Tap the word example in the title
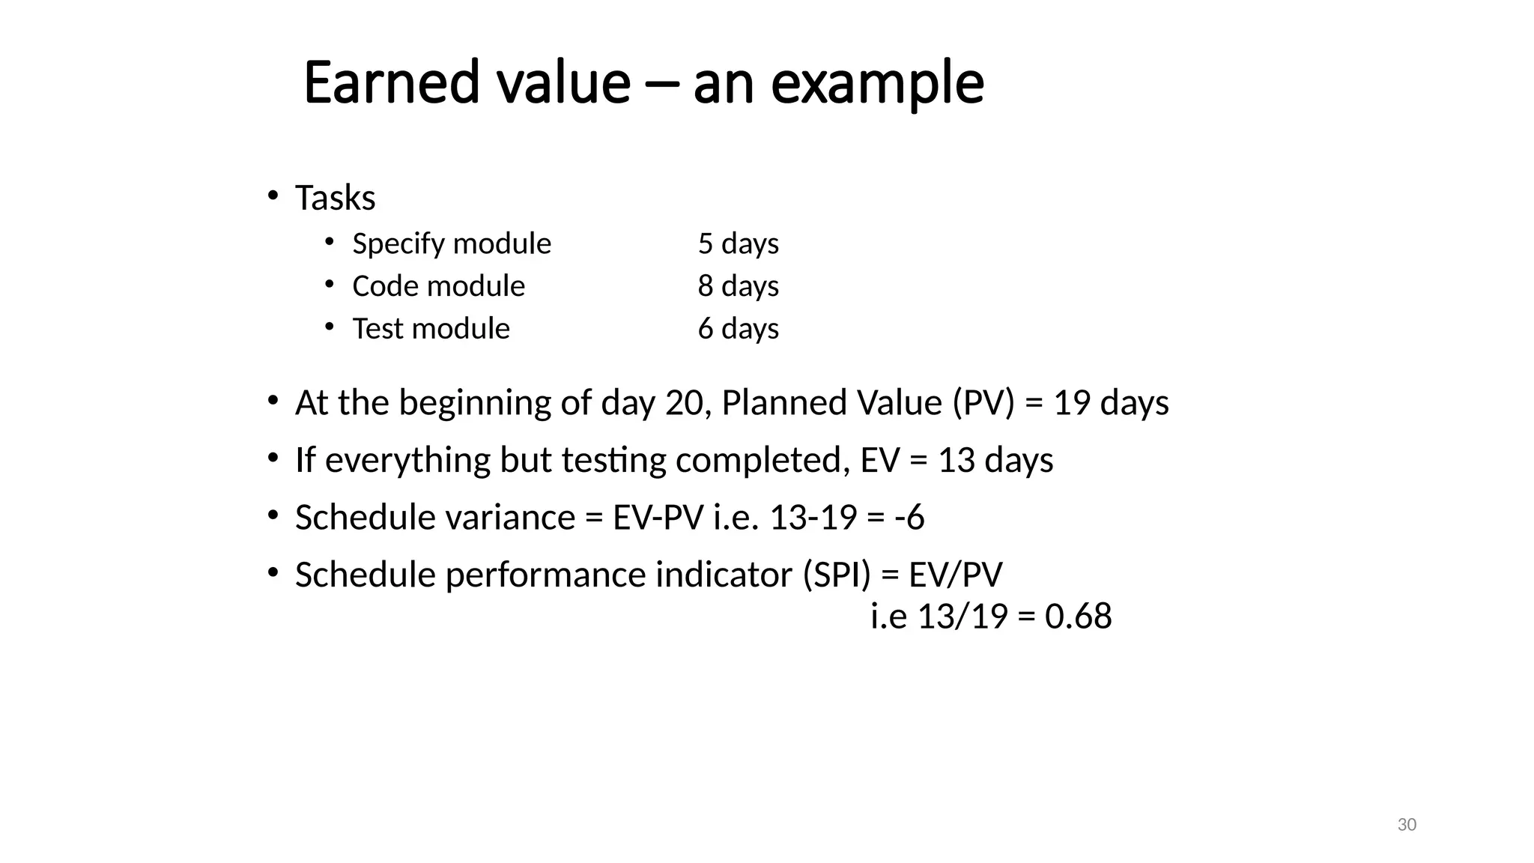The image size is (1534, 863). [x=877, y=83]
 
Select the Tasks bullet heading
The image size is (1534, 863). [x=335, y=198]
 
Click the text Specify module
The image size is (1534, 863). [x=452, y=243]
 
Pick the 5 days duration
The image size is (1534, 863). [x=739, y=243]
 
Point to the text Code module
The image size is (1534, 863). [x=439, y=286]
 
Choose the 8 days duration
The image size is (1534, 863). [x=739, y=286]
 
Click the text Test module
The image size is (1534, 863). [x=431, y=329]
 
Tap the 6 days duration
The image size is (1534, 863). [x=739, y=329]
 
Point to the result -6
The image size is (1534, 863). [x=909, y=518]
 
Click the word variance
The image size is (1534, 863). [x=510, y=518]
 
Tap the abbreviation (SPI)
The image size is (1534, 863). [x=837, y=575]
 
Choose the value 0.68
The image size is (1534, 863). [x=1078, y=617]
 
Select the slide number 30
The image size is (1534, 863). [x=1407, y=825]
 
